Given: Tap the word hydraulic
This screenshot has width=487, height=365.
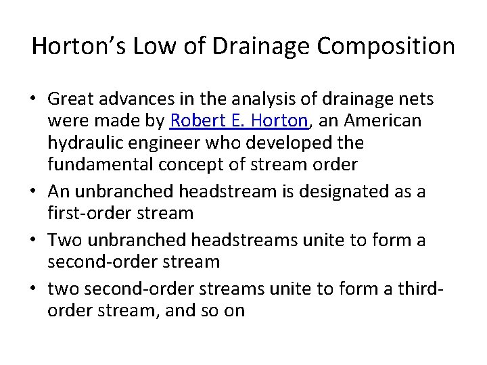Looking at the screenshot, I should click(83, 143).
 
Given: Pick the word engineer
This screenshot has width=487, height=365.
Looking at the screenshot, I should click(160, 143).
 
